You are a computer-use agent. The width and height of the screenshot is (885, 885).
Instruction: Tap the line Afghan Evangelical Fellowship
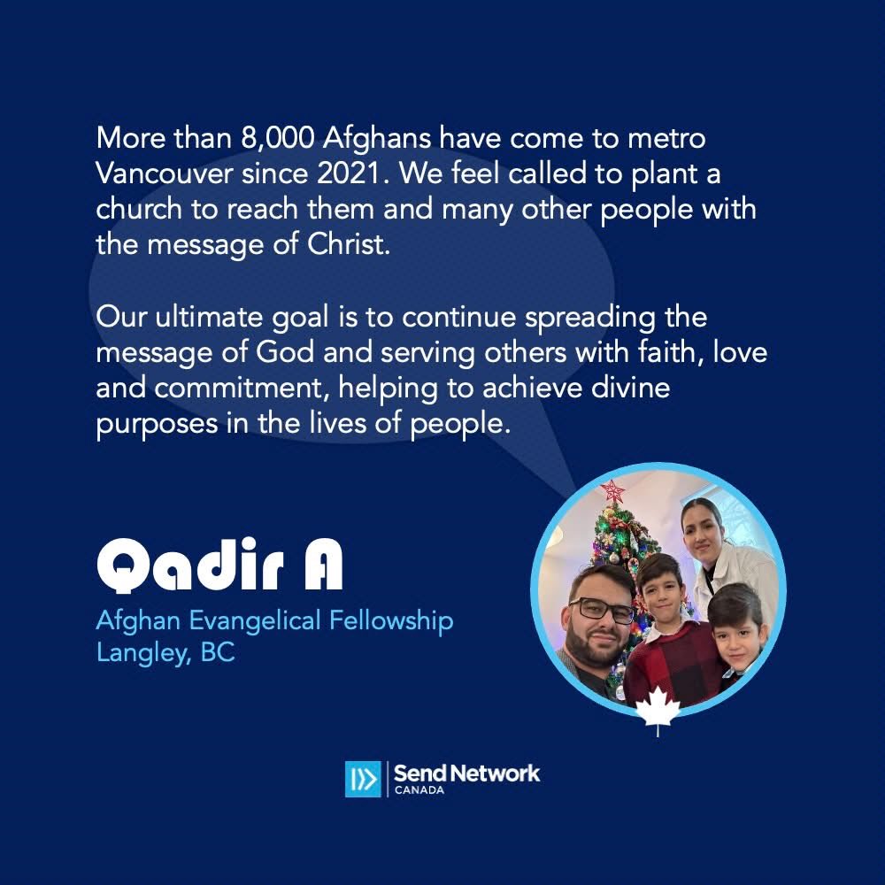pos(274,620)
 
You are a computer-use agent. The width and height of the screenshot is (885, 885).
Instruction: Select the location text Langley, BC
pos(165,656)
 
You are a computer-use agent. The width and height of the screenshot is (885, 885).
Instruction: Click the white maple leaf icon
pos(658,710)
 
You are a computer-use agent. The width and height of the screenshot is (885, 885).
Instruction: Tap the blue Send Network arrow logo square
pos(363,779)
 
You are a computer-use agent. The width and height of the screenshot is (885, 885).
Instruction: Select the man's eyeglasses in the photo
pos(601,611)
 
